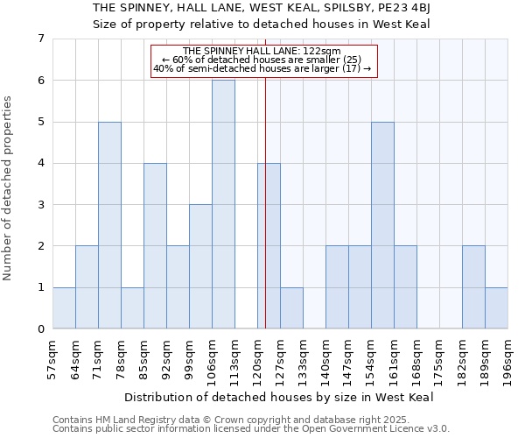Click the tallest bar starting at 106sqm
223,204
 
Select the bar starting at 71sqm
109,225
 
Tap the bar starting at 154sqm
382,225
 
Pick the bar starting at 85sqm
155,246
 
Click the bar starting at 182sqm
473,287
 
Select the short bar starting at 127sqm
291,308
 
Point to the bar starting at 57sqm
64,308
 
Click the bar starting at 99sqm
200,266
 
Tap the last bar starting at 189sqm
496,308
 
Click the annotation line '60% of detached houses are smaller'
263,60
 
